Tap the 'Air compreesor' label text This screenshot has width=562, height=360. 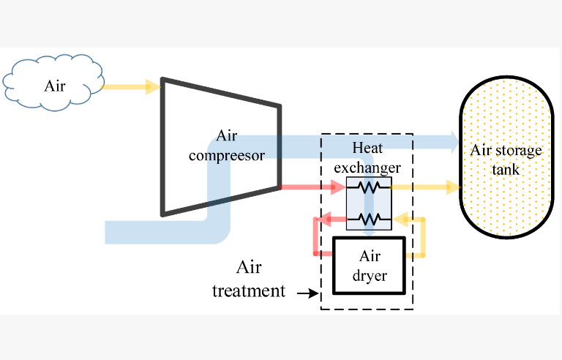click(227, 146)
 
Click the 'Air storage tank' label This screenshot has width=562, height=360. click(506, 160)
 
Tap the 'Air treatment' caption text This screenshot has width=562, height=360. click(249, 279)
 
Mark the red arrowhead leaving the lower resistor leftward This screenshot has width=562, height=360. click(323, 218)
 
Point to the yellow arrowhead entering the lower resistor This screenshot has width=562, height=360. click(400, 218)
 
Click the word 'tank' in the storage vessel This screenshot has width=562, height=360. click(506, 170)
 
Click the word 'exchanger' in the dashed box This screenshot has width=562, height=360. click(367, 168)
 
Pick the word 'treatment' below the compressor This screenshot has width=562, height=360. click(249, 290)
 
